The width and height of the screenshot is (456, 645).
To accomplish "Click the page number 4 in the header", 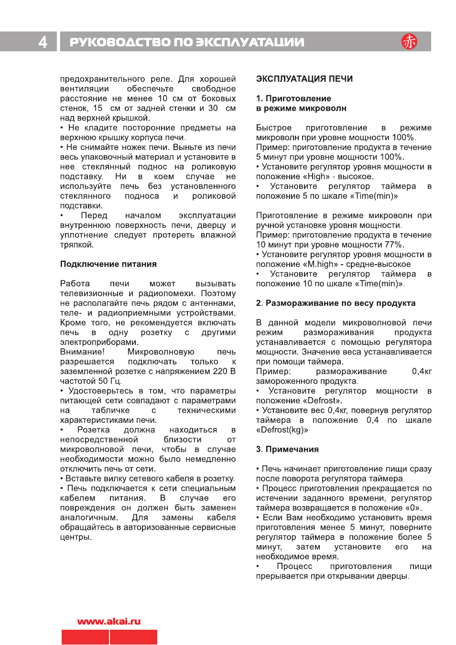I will tap(43, 42).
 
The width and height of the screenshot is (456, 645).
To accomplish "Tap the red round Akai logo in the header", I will tap(409, 42).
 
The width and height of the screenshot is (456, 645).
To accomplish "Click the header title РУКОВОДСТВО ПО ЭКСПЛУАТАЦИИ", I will tap(187, 42).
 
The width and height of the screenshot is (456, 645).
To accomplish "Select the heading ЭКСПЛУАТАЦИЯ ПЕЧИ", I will tap(304, 79).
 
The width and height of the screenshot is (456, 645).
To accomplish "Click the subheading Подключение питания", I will tap(108, 264).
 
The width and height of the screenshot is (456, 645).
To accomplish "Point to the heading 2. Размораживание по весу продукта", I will tap(336, 303).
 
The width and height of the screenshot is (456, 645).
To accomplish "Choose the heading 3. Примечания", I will tap(287, 450).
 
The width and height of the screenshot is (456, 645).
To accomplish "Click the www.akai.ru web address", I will tap(109, 622).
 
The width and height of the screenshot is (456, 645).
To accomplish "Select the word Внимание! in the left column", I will tap(82, 352).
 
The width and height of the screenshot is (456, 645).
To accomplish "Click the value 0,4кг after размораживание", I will tap(422, 372).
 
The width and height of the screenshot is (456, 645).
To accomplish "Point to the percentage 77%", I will tap(393, 245).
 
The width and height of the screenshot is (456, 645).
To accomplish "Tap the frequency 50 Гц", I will tap(110, 381).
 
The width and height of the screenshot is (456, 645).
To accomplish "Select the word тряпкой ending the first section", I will tap(76, 245).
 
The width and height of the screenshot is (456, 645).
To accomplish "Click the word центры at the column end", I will tap(76, 537).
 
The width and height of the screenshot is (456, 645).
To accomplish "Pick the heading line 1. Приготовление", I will tap(293, 98).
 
